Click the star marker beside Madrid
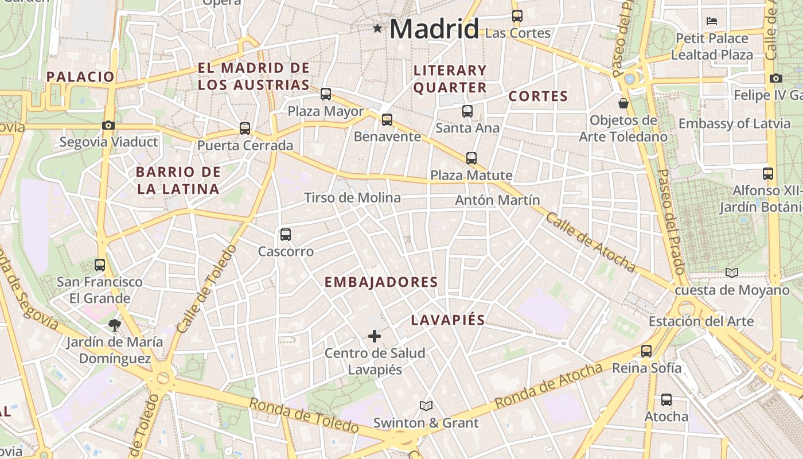pos(377,28)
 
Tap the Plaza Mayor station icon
pos(326,94)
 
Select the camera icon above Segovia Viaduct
pos(108,125)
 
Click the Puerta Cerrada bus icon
pos(245,129)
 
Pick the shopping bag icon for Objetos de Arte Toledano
pos(623,103)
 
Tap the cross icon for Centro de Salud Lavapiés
pos(375,336)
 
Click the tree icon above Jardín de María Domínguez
pos(115,325)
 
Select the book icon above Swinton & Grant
pos(426,406)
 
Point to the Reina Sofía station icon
pos(646,351)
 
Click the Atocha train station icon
pos(666,400)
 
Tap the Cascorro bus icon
pos(286,235)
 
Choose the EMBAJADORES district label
pos(381,282)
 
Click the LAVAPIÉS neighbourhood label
pos(447,320)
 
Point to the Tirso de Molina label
pos(352,198)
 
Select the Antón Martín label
pos(497,200)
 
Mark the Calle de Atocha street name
pos(590,242)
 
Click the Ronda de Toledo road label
pos(303,415)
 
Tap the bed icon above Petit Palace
pos(712,21)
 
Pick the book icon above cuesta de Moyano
pos(732,273)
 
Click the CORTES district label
pos(538,96)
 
